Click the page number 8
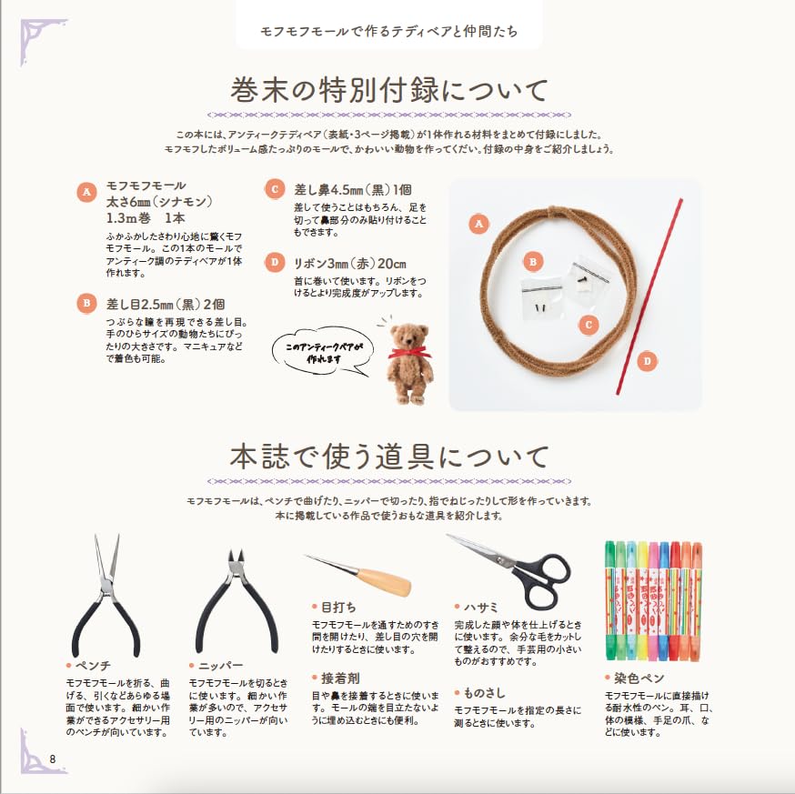52,759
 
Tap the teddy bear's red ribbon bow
409,351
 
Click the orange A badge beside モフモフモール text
86,192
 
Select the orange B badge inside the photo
532,262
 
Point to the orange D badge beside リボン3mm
275,262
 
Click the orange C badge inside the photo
589,325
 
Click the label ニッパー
220,665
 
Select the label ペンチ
93,665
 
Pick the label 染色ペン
639,678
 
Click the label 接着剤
340,678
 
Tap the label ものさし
484,693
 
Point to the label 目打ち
338,607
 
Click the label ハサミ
480,607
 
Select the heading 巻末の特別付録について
389,90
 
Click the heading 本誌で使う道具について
389,457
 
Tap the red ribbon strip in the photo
649,296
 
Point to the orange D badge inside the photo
647,361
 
